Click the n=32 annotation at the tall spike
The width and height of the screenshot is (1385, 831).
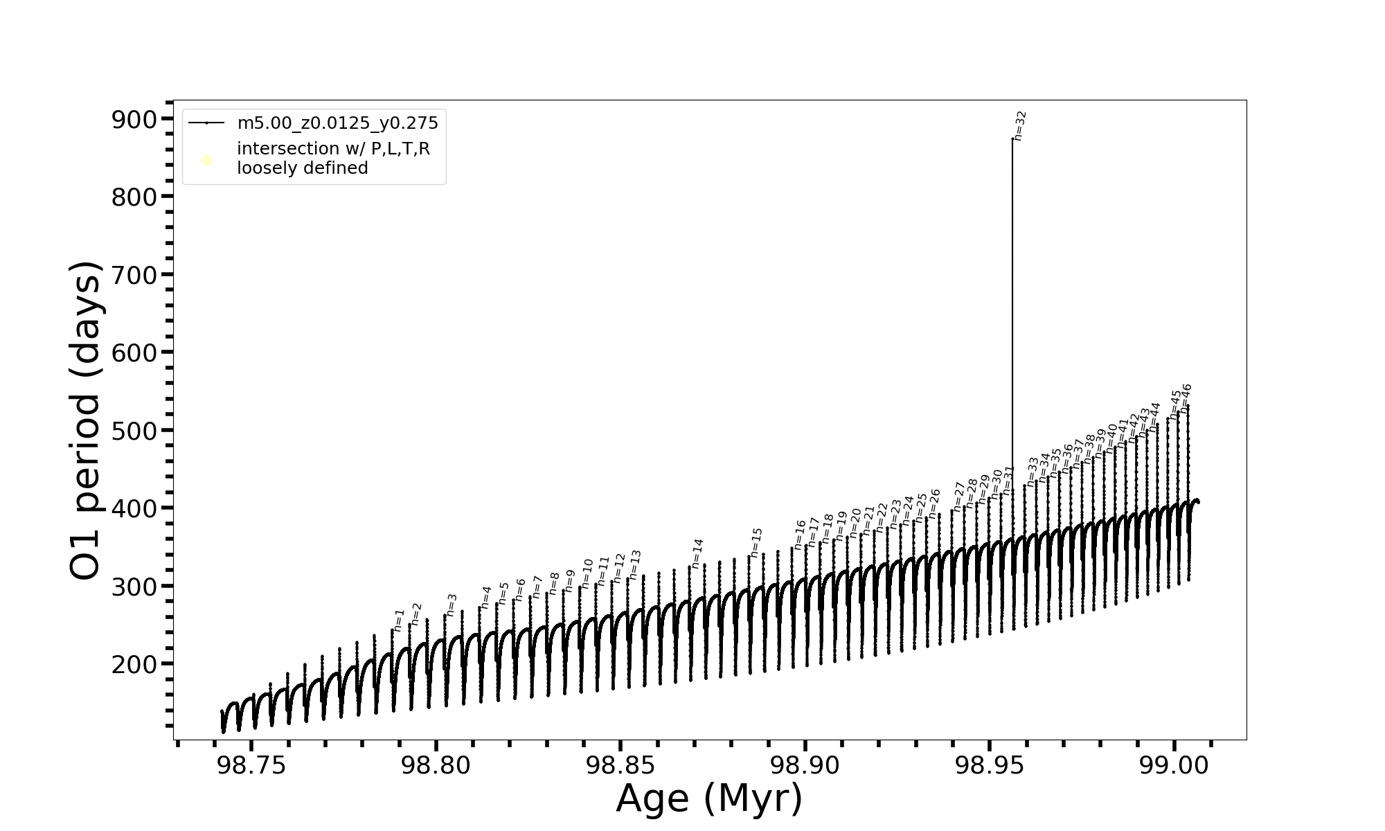[1020, 126]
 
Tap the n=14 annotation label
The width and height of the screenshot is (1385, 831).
[697, 554]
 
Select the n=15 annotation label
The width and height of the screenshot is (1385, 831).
[756, 542]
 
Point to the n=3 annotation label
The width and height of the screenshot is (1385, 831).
[452, 605]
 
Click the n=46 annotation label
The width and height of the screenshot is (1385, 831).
[1186, 398]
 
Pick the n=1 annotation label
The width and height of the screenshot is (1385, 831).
[399, 620]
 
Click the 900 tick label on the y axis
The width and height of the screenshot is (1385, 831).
[134, 120]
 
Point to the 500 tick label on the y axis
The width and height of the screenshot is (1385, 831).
[134, 431]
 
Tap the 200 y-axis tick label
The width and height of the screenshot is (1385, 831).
[134, 664]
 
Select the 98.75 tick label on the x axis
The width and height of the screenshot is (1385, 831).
[251, 765]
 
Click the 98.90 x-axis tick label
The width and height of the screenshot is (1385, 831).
[805, 765]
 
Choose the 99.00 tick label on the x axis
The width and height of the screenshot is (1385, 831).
[1174, 765]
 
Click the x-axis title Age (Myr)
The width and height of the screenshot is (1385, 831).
[709, 798]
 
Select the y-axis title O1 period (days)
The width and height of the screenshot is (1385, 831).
[86, 420]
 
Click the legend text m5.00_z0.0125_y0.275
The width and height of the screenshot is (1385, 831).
[337, 123]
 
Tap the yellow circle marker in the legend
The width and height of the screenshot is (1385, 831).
[206, 161]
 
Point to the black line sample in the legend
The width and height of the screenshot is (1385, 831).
[206, 123]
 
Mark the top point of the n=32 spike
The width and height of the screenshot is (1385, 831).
[1012, 139]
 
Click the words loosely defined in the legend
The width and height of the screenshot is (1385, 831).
[302, 168]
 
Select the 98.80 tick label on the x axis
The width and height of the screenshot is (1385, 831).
[436, 765]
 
